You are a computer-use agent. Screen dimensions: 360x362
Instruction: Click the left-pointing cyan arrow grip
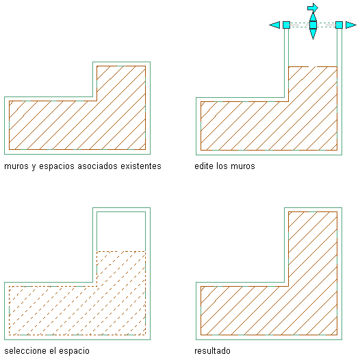tap(275, 25)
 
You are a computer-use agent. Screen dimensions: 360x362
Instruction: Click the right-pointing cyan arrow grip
tap(351, 25)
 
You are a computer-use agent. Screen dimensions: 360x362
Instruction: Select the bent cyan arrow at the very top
tap(313, 8)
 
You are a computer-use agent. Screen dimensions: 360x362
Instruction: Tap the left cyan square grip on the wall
tap(286, 25)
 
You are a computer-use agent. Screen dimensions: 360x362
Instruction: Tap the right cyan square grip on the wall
tap(339, 25)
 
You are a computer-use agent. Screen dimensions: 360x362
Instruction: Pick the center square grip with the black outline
tap(313, 25)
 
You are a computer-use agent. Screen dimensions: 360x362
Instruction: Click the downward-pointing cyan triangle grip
tap(313, 34)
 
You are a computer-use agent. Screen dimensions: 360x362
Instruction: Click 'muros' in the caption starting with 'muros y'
tap(16, 167)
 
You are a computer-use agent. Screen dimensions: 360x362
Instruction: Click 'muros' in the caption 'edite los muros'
tap(243, 167)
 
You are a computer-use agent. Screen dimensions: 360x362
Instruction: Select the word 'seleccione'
tap(26, 350)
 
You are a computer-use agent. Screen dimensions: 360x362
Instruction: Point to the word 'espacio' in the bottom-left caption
tap(74, 351)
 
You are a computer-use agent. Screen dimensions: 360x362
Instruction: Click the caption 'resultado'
tap(212, 350)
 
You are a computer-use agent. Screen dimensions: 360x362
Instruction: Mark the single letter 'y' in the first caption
tap(34, 167)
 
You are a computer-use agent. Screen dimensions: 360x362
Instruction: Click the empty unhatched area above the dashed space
tap(121, 231)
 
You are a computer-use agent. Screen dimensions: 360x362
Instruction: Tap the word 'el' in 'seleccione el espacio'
tap(53, 350)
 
